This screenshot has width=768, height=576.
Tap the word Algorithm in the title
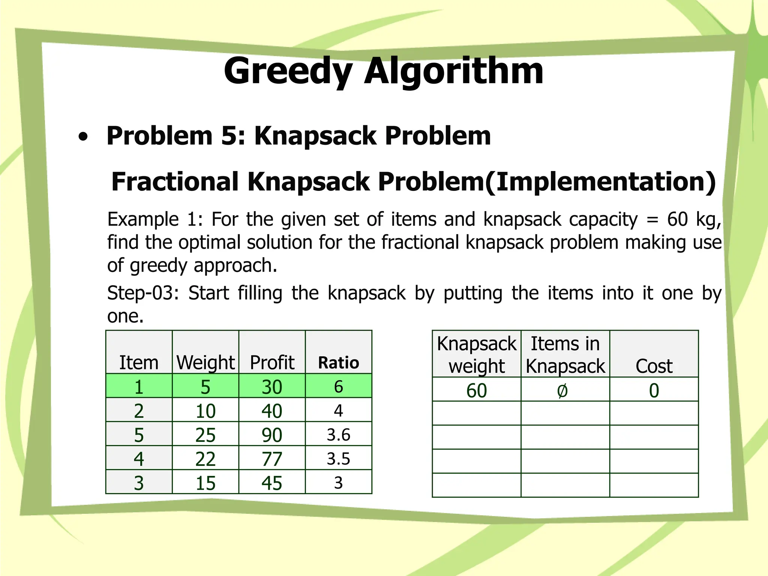pyautogui.click(x=454, y=71)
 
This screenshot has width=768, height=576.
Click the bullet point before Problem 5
pyautogui.click(x=83, y=137)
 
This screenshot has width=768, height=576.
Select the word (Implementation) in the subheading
pyautogui.click(x=600, y=181)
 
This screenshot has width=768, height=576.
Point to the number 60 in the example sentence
pyautogui.click(x=677, y=219)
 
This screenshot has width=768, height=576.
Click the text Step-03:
pyautogui.click(x=143, y=293)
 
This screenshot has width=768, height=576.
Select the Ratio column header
pyautogui.click(x=338, y=363)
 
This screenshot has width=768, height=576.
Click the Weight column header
pyautogui.click(x=205, y=363)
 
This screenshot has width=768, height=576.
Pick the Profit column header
pyautogui.click(x=272, y=363)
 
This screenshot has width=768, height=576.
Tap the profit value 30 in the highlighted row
pyautogui.click(x=272, y=387)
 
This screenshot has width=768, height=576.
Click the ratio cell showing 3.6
pyautogui.click(x=338, y=435)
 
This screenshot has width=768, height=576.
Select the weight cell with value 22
pyautogui.click(x=205, y=459)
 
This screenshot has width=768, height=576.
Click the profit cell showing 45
pyautogui.click(x=272, y=483)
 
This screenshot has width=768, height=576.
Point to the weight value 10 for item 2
pyautogui.click(x=205, y=411)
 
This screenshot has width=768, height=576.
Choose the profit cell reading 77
pyautogui.click(x=272, y=459)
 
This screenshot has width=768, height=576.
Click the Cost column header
pyautogui.click(x=654, y=366)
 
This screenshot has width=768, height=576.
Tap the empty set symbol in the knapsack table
pyautogui.click(x=562, y=391)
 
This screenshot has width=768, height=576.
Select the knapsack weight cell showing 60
pyautogui.click(x=477, y=391)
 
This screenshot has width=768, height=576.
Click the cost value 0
pyautogui.click(x=654, y=391)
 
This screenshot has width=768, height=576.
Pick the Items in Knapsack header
pyautogui.click(x=565, y=355)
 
